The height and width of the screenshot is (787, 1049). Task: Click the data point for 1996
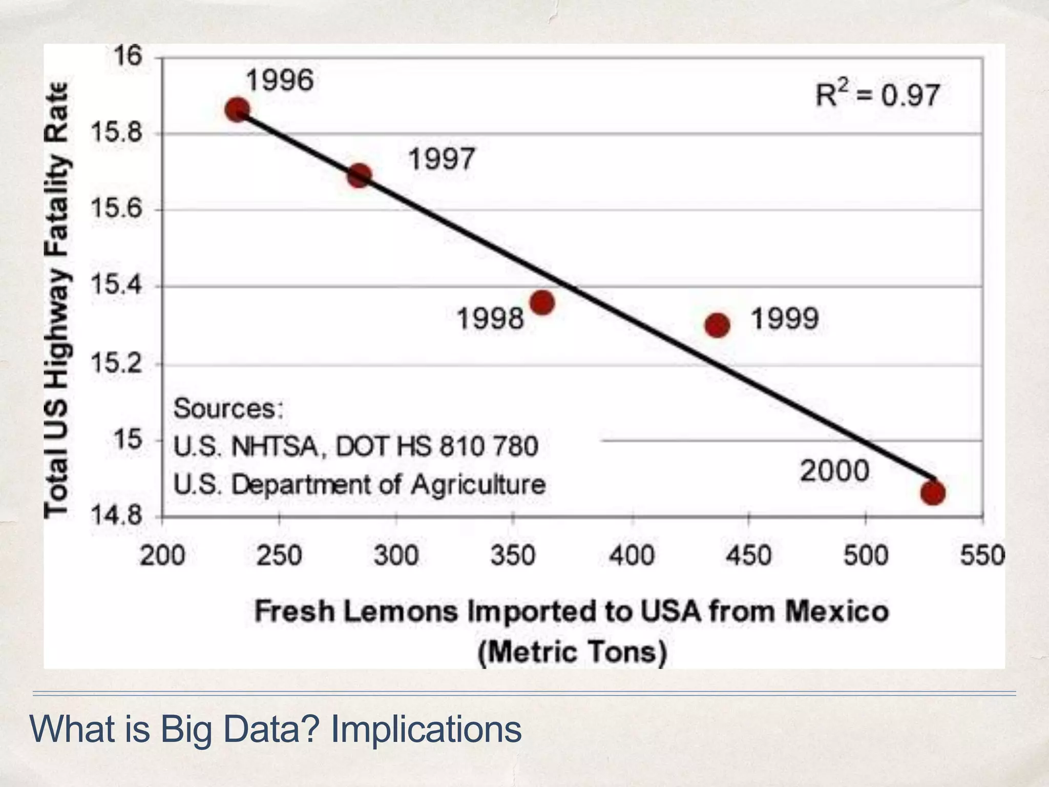[x=238, y=110]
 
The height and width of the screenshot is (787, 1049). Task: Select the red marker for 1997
[x=359, y=176]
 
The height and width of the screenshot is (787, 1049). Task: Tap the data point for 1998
[x=542, y=302]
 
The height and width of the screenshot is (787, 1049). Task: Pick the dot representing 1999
[x=717, y=325]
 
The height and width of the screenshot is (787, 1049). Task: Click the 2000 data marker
[x=932, y=493]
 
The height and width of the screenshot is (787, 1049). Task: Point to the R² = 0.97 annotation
[x=877, y=95]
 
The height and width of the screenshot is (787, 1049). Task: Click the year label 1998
[x=490, y=319]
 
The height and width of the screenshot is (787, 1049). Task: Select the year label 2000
[x=835, y=470]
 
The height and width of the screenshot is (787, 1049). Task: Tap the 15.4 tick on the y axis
[x=116, y=285]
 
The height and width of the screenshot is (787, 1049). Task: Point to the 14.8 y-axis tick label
[x=116, y=515]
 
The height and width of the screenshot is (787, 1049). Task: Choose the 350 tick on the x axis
[x=513, y=555]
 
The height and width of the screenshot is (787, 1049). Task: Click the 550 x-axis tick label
[x=981, y=555]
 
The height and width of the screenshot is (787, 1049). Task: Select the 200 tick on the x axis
[x=162, y=555]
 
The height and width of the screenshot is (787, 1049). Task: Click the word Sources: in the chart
[x=228, y=408]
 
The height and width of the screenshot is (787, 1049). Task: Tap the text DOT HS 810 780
[x=436, y=446]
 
